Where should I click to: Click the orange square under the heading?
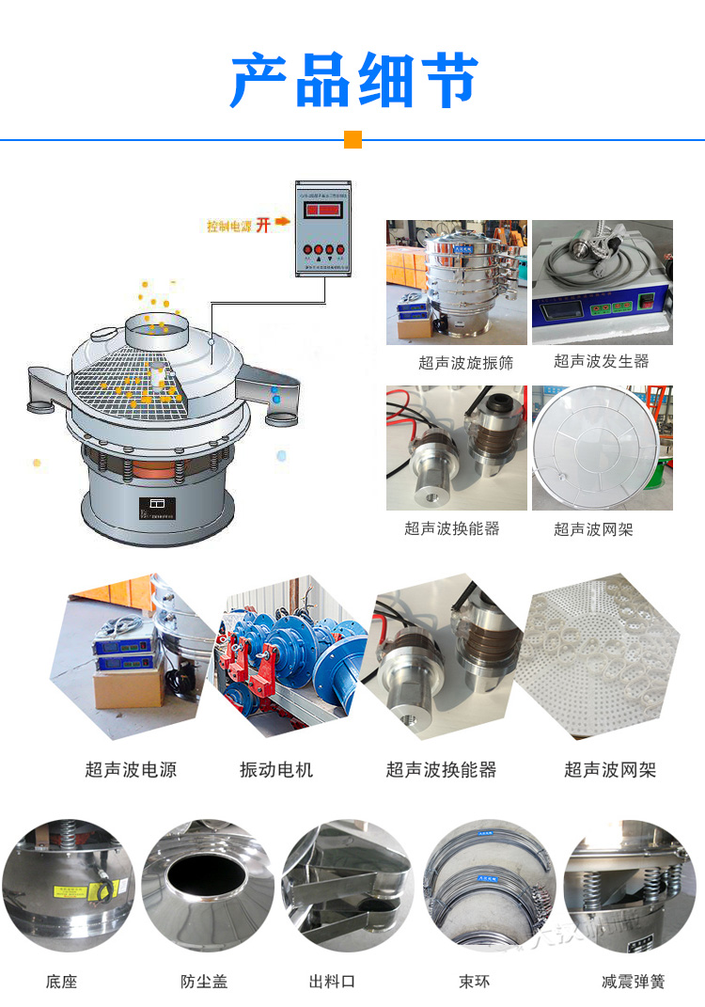pyautogui.click(x=352, y=140)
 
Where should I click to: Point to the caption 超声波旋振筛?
pyautogui.click(x=465, y=362)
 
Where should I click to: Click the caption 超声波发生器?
pyautogui.click(x=601, y=361)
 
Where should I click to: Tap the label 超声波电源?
pyautogui.click(x=131, y=770)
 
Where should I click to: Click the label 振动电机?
pyautogui.click(x=276, y=770)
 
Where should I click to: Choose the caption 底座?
pyautogui.click(x=61, y=982)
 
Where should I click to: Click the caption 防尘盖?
pyautogui.click(x=204, y=982)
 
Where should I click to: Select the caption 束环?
pyautogui.click(x=474, y=982)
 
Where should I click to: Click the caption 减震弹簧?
pyautogui.click(x=633, y=982)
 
